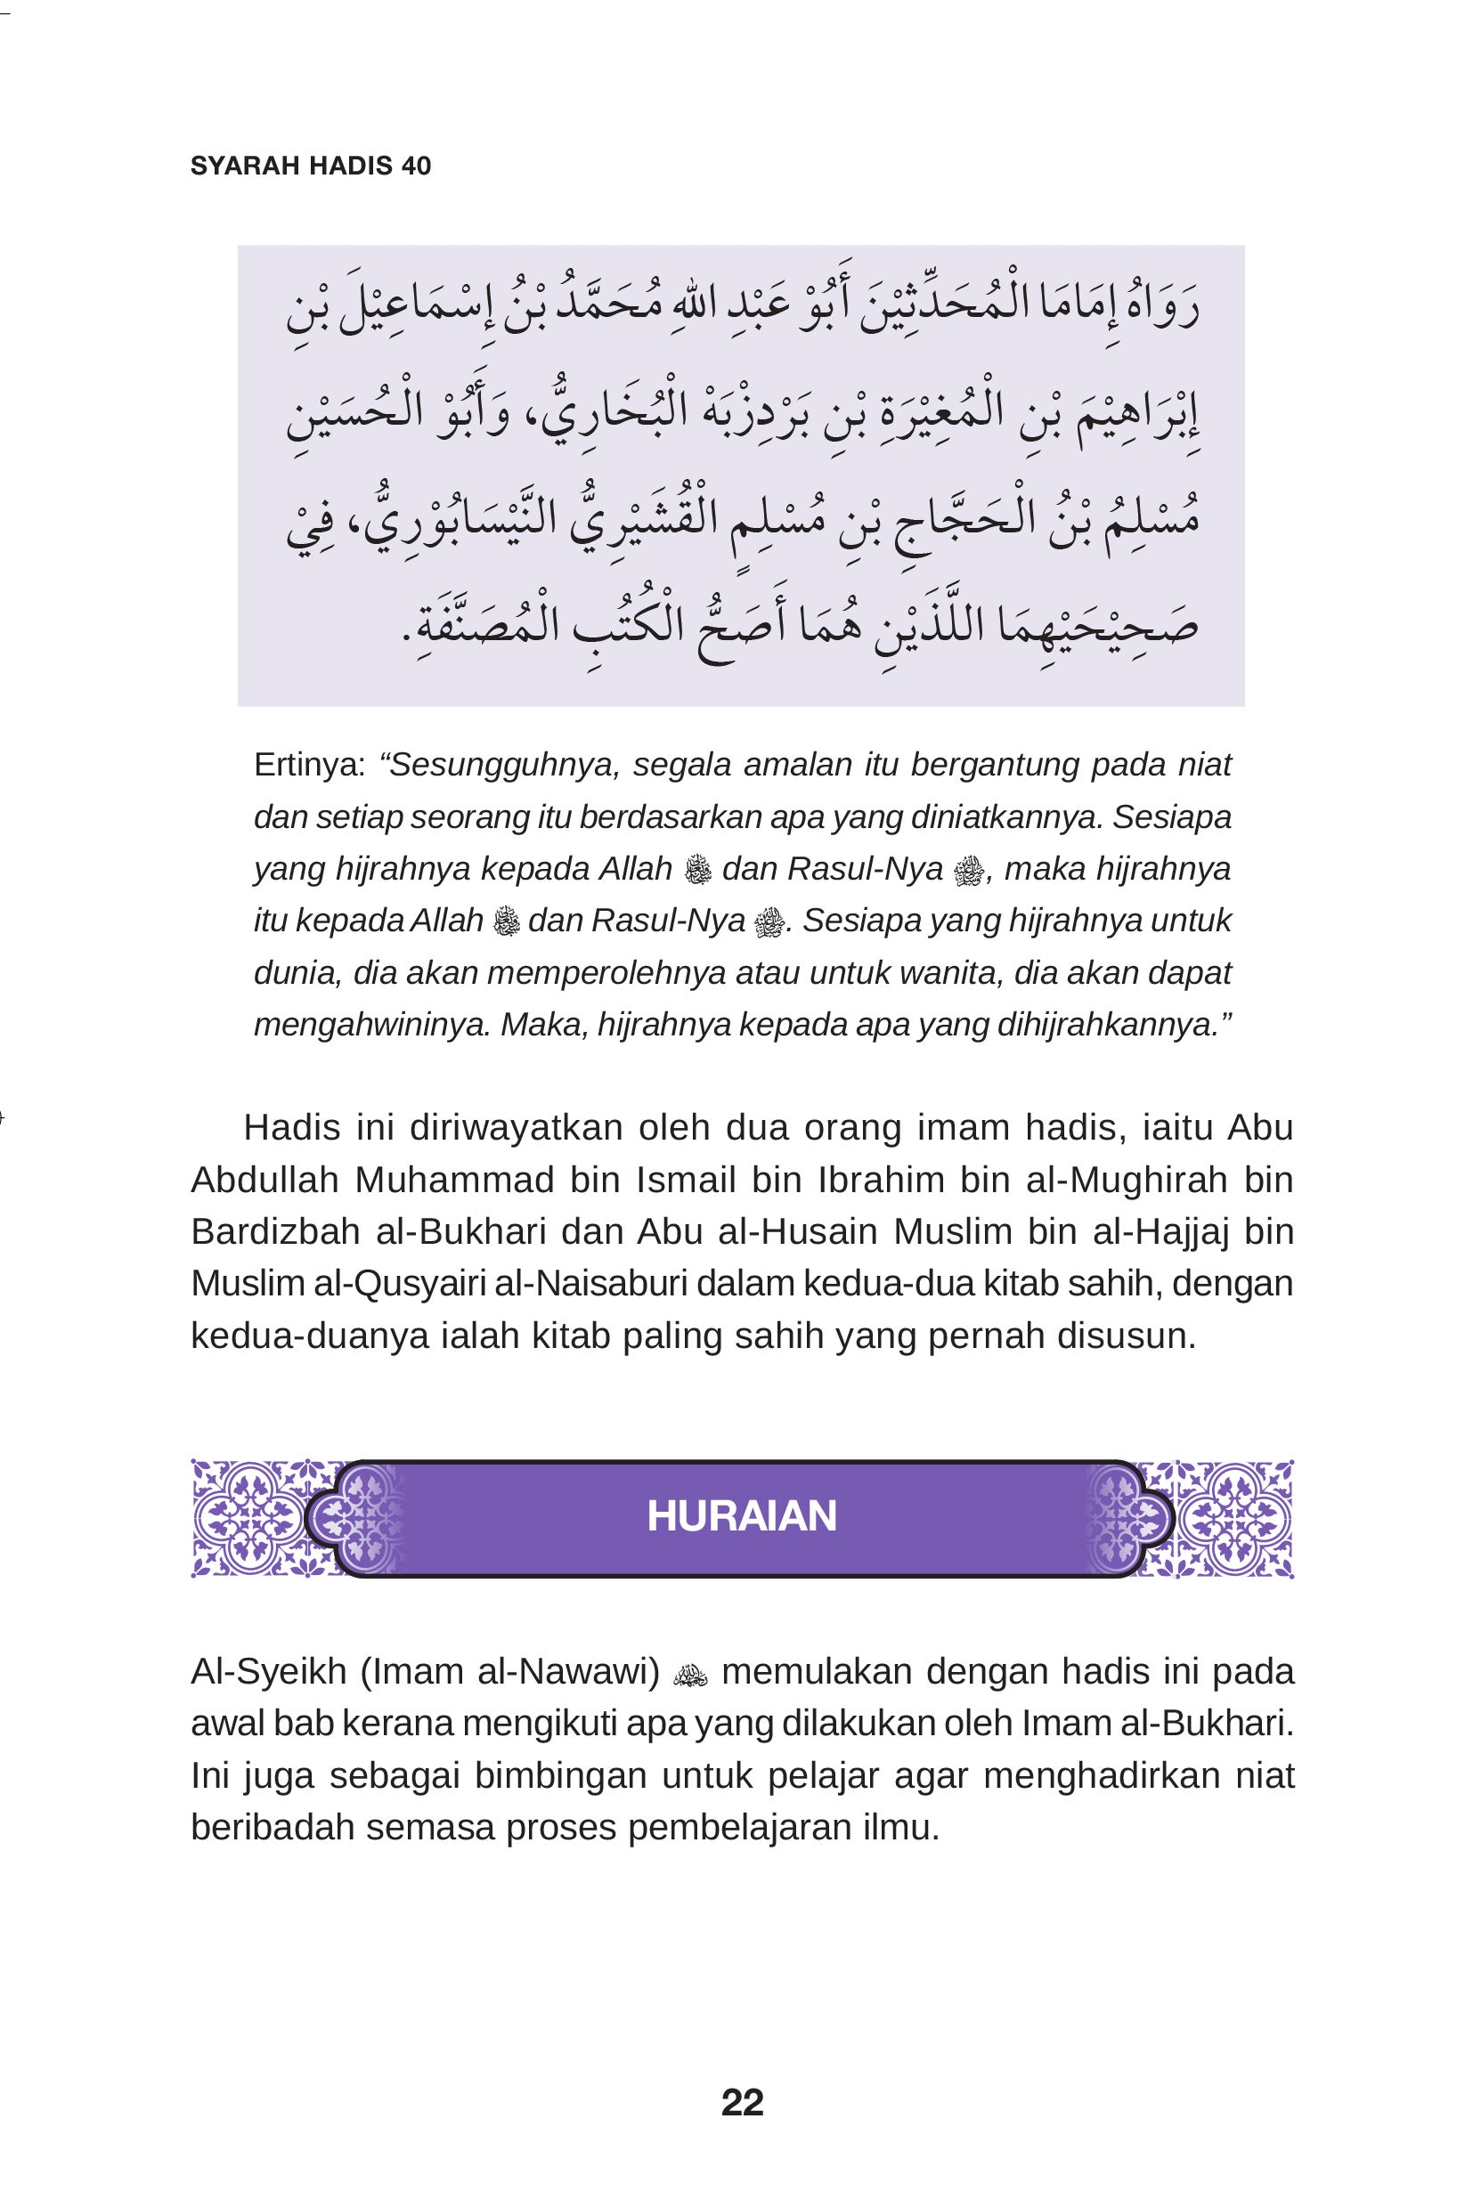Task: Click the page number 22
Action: coord(742,2103)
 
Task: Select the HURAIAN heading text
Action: coord(742,1517)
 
